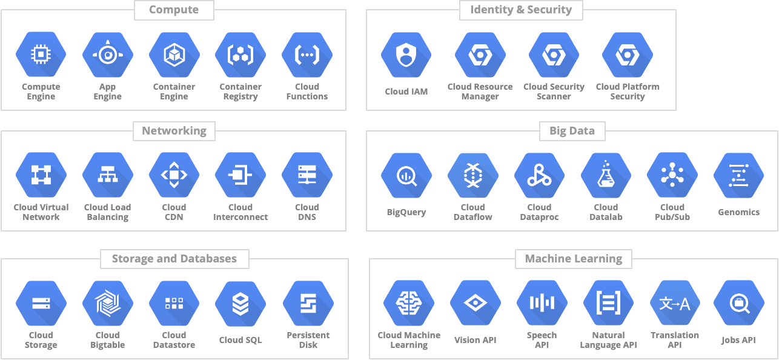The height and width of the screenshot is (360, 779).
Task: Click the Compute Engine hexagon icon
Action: (41, 55)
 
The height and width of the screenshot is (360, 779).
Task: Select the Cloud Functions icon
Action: (307, 55)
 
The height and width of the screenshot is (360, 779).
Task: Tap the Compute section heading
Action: (173, 10)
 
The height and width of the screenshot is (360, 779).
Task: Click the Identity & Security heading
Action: (521, 10)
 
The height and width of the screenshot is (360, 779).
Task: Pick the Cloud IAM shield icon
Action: (406, 55)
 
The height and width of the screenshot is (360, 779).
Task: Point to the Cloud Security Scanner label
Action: (554, 92)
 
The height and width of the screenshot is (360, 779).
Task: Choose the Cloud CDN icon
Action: (174, 176)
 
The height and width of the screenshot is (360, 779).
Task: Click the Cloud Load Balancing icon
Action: (108, 176)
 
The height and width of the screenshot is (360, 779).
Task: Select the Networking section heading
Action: (174, 131)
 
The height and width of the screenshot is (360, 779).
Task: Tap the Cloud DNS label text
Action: (307, 212)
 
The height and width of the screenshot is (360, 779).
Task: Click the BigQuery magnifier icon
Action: (406, 176)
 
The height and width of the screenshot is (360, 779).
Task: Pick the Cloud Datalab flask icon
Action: (606, 176)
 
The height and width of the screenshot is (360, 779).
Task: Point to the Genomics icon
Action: (738, 176)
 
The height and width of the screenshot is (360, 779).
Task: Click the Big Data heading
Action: (572, 131)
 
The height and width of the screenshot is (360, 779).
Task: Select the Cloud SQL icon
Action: (240, 304)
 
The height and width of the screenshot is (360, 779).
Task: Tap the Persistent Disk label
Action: (308, 340)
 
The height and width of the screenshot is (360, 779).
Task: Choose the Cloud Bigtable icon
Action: (108, 304)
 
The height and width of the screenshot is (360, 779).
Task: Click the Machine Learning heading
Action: (573, 259)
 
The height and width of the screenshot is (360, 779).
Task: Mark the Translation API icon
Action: (675, 304)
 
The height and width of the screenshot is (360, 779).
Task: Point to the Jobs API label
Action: (738, 340)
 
